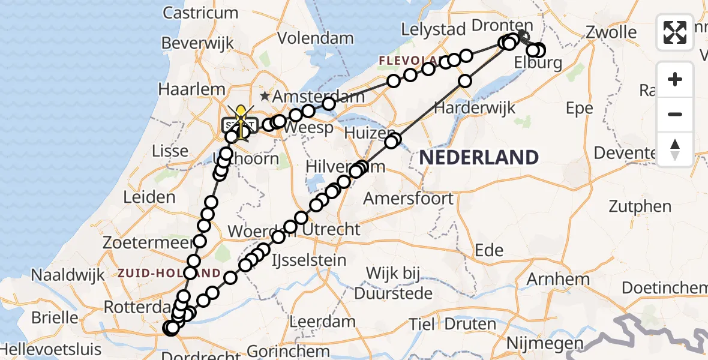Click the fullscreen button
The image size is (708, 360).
click(x=675, y=32)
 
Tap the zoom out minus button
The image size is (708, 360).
click(x=675, y=114)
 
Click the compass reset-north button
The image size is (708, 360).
click(x=675, y=148)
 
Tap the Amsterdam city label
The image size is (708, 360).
click(x=319, y=97)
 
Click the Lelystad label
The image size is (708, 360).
click(x=434, y=29)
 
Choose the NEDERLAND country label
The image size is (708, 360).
click(x=479, y=157)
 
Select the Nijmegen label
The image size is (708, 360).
click(x=544, y=343)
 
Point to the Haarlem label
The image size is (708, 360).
click(x=191, y=89)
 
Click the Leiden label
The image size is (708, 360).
click(x=149, y=197)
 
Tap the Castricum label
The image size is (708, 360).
click(x=200, y=13)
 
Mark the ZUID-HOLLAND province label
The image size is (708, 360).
click(x=169, y=273)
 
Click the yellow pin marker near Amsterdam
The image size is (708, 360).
click(x=241, y=113)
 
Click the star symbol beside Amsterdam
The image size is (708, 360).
click(x=265, y=96)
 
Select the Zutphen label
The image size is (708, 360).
click(x=640, y=206)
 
